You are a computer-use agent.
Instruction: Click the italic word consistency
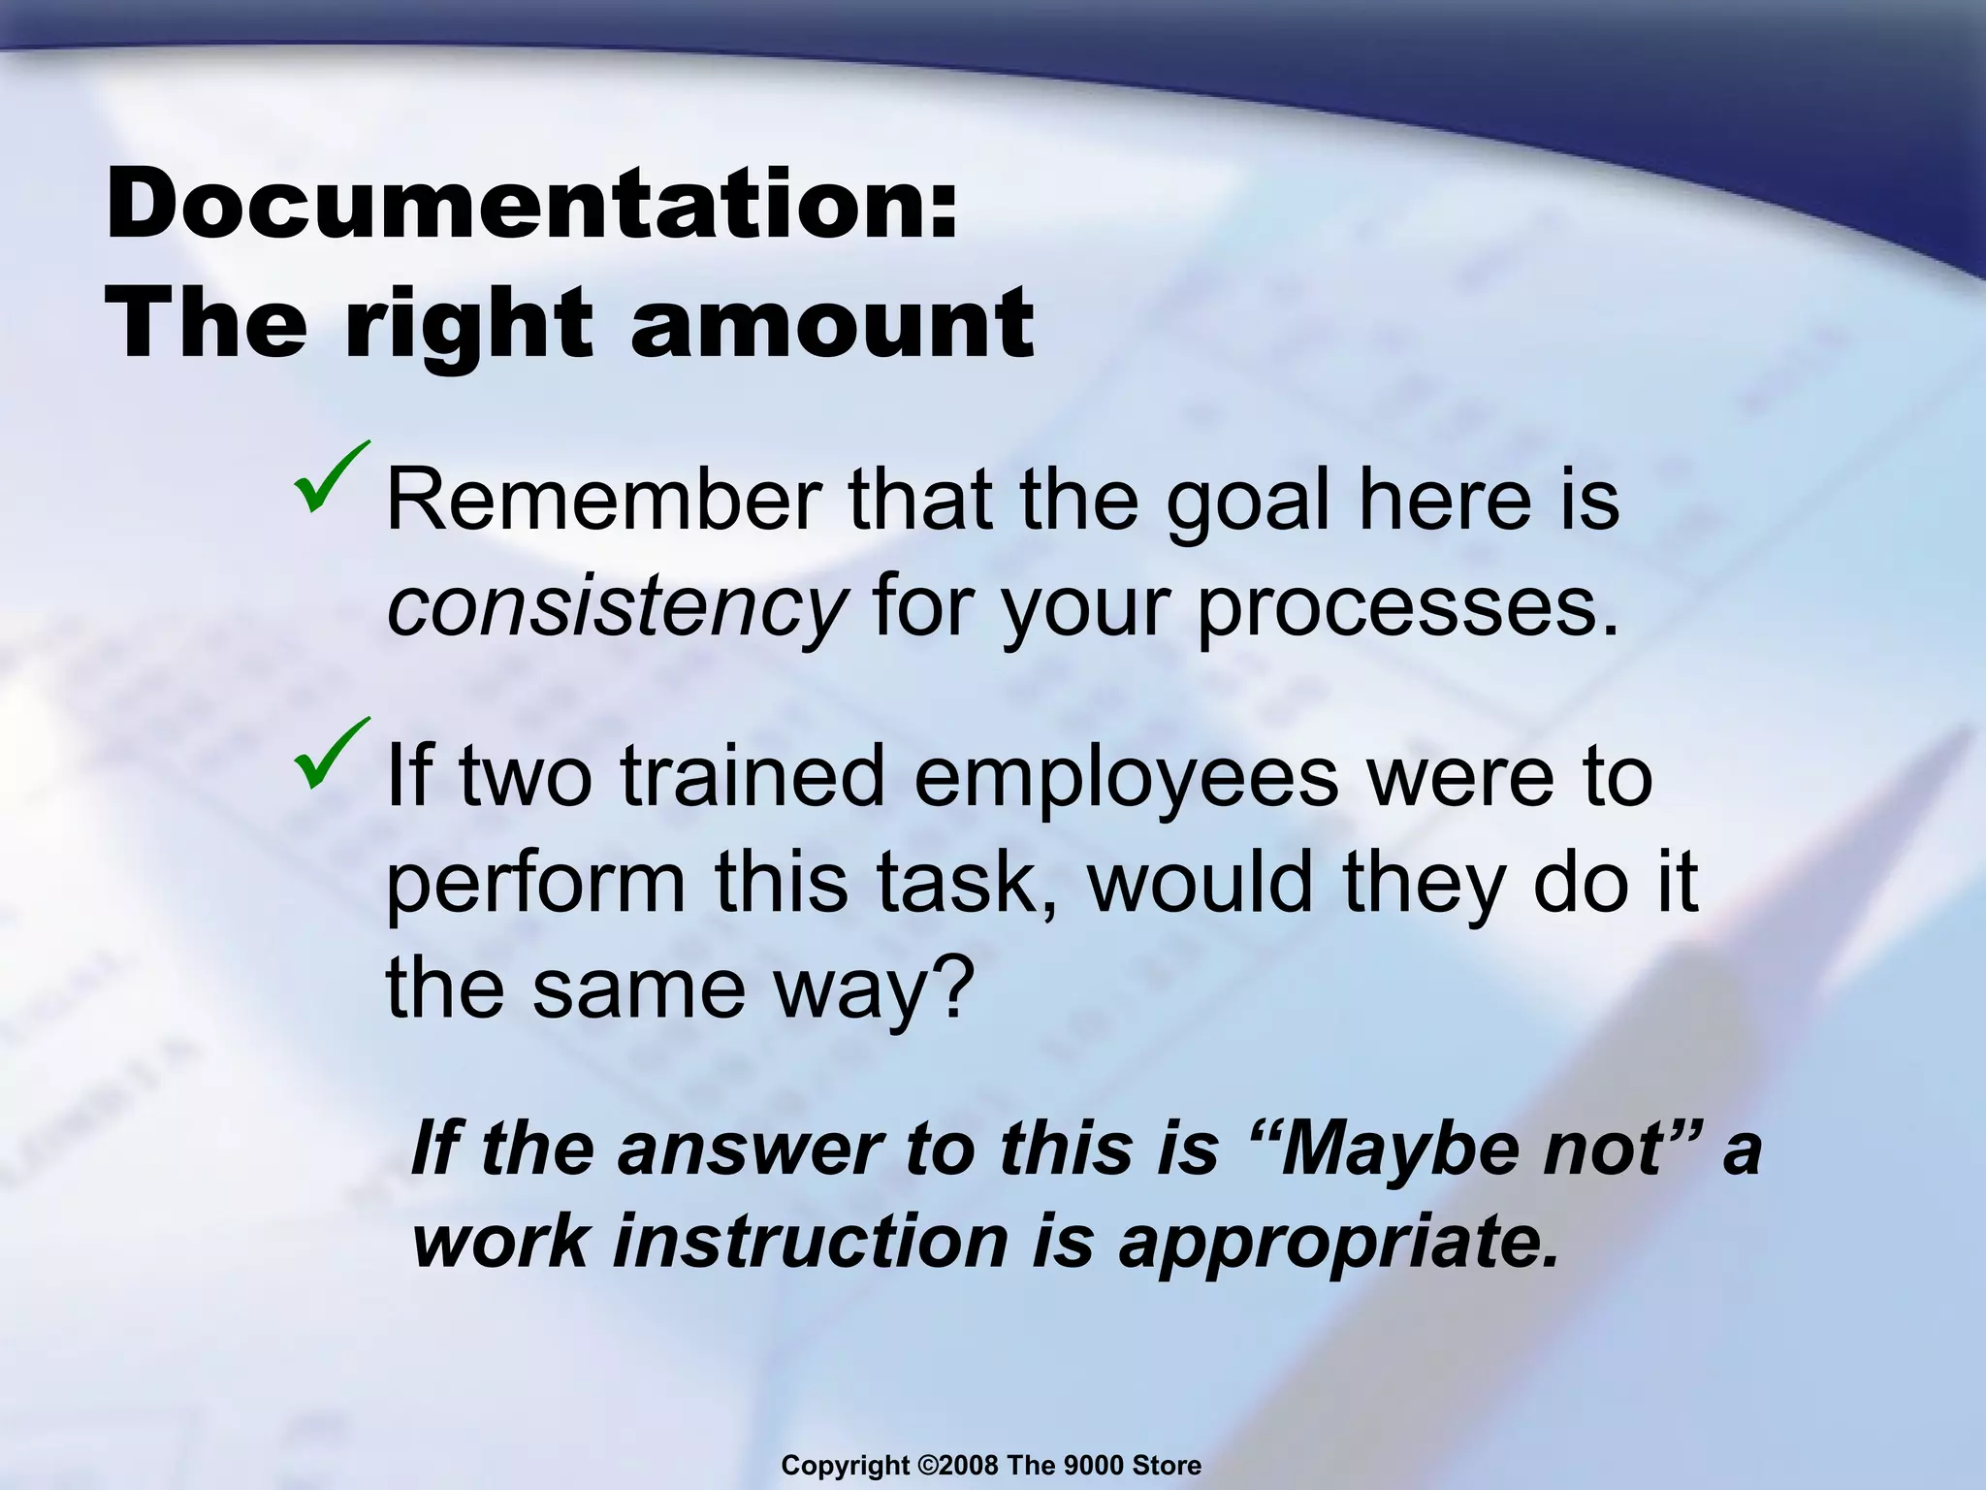click(x=616, y=606)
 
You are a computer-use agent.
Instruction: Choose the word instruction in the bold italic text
click(x=810, y=1242)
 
